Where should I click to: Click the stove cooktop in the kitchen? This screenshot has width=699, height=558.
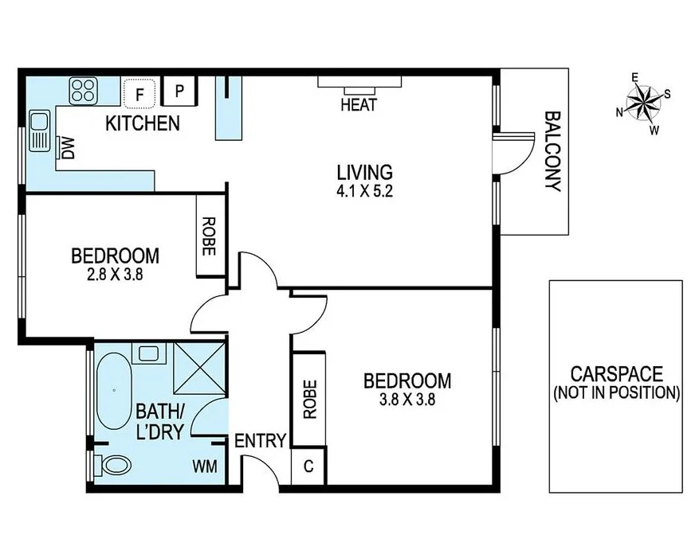pos(82,90)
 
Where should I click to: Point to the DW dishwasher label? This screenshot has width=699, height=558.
pos(68,148)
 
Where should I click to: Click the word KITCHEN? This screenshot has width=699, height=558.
pos(143,123)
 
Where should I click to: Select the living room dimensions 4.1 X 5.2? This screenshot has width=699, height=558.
pos(364,191)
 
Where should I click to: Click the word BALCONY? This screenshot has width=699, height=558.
pos(552,150)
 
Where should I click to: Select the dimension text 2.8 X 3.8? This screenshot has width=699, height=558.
pos(114,275)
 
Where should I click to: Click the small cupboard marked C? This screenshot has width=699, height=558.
pos(308,467)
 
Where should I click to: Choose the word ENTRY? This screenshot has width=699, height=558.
pos(260,441)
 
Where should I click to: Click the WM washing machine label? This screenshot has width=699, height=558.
pos(203,466)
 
